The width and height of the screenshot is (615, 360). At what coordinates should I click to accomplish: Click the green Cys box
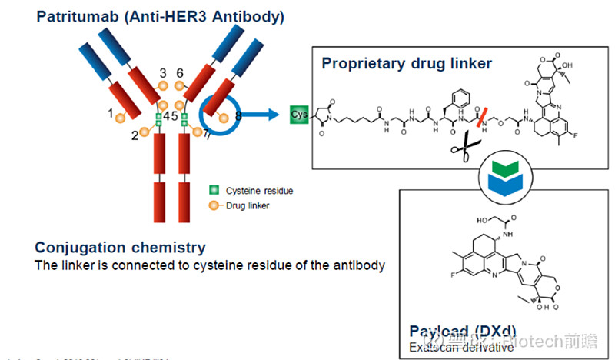(299, 115)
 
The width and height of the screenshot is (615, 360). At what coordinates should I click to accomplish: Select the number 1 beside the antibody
(111, 113)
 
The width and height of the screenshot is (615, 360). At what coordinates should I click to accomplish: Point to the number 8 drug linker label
(238, 116)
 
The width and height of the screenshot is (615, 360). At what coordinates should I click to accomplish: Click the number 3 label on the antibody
(163, 73)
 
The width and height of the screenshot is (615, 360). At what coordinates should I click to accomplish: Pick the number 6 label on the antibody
(180, 73)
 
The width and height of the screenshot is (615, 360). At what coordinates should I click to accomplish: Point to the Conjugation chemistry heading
(120, 248)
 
